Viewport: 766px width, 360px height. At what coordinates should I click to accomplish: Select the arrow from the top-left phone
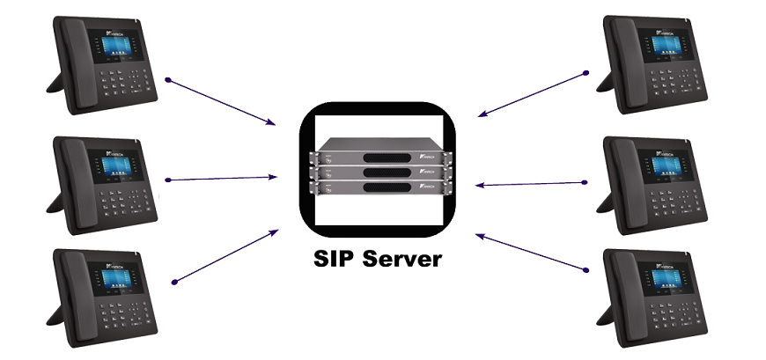(x=220, y=101)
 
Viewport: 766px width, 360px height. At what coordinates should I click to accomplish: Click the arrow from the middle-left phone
(x=220, y=179)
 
